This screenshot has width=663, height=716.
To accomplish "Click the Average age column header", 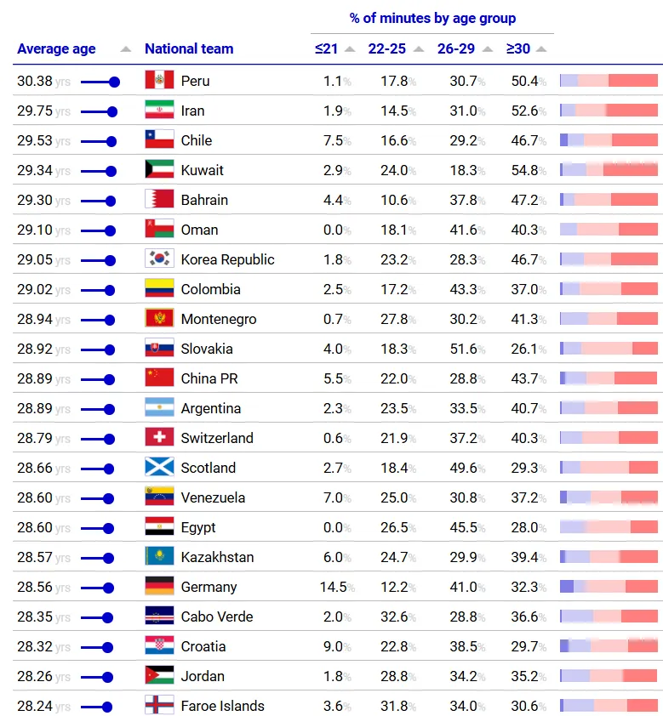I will coord(56,49).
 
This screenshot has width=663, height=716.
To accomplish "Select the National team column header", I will coord(189,49).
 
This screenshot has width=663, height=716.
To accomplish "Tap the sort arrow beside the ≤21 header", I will coord(350,49).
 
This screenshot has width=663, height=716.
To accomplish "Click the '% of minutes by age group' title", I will coord(432,18).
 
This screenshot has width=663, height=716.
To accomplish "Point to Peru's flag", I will coord(159,81).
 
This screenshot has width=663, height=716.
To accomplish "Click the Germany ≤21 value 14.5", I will coord(332,587).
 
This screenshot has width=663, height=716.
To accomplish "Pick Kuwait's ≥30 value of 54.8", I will coord(525,170).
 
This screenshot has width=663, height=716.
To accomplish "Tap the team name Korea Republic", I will coord(227,259).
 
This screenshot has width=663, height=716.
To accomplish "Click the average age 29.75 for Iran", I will coord(35,111).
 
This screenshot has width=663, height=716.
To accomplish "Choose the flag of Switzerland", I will coord(159,438).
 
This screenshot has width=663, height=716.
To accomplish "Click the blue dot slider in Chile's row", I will coord(110,141).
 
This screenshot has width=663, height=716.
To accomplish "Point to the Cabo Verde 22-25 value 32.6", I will coord(394,617).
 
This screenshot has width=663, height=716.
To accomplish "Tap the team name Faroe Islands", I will coord(222,706).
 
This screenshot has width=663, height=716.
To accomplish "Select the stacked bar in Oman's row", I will coord(609,230).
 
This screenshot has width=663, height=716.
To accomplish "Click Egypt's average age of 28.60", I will coord(35,527).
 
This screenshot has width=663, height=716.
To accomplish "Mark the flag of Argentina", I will coord(159,408).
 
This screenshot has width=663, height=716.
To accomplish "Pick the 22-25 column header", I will coord(387,49).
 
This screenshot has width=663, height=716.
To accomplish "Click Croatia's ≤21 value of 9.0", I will coord(333,646).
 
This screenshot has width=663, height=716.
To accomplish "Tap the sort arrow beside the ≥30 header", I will coord(541,49).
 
